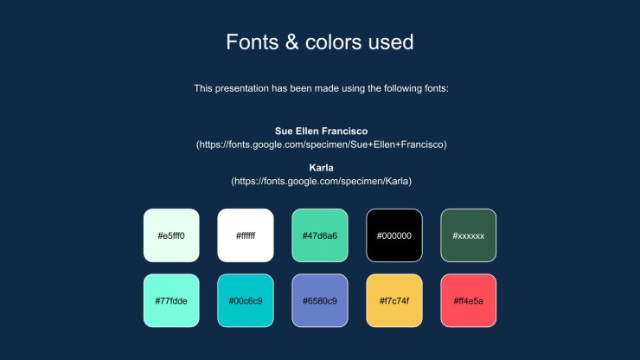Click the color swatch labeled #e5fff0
click(171, 235)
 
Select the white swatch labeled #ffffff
click(246, 235)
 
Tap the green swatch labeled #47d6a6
click(320, 235)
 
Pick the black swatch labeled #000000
click(394, 235)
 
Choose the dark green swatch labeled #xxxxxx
click(469, 235)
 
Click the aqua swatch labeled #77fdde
click(171, 300)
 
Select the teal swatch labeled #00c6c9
click(246, 300)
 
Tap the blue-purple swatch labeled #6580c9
click(320, 300)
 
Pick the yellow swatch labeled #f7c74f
click(394, 300)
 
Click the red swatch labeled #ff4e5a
click(469, 300)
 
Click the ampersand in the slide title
click(291, 42)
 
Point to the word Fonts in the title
click(253, 42)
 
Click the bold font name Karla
click(321, 168)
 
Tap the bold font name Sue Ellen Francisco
click(321, 132)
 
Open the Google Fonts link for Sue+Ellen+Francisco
click(321, 145)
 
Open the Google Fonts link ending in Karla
click(321, 181)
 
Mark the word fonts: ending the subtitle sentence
click(437, 88)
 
